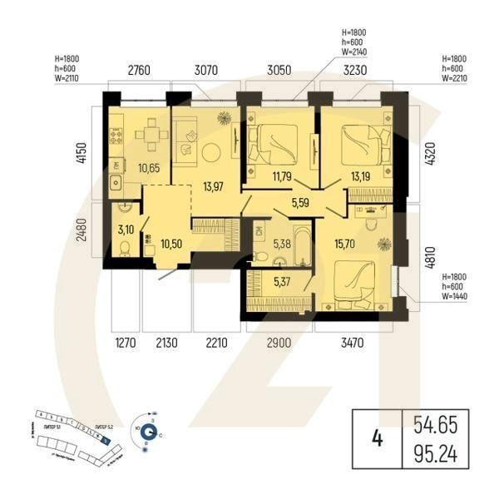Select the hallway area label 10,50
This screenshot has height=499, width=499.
[x=170, y=245]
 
